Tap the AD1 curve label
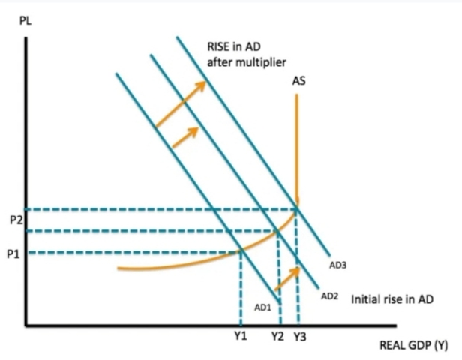(262, 307)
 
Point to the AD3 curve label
(337, 265)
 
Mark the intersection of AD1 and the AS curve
(240, 251)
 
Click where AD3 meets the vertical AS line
(298, 208)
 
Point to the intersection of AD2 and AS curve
(278, 230)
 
